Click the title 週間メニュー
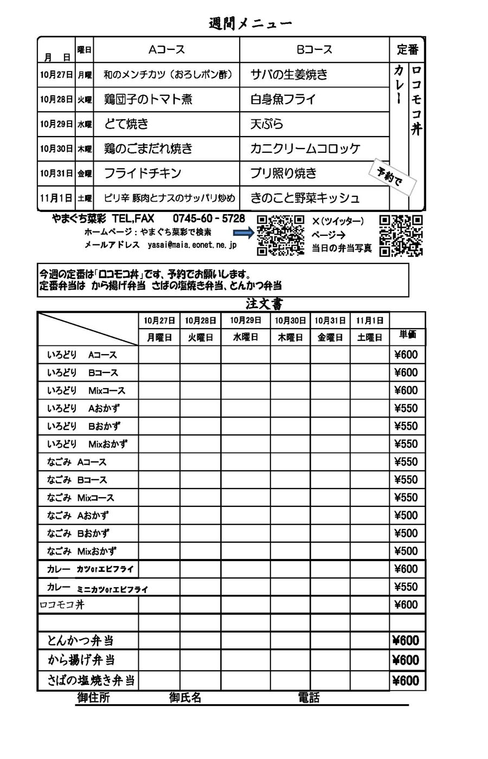[250, 24]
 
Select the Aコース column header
[166, 50]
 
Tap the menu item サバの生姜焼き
[289, 75]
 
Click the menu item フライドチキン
[143, 173]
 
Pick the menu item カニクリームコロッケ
[305, 149]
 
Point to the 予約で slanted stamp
[393, 177]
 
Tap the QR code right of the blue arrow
[280, 235]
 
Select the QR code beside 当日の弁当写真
[401, 235]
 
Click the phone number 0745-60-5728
[209, 218]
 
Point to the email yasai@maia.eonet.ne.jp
[192, 245]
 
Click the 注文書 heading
[264, 304]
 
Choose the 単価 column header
[407, 335]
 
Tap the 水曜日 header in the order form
[246, 337]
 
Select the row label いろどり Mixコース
[86, 391]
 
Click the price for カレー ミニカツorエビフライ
[406, 587]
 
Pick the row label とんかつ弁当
[80, 641]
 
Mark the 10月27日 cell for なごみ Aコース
[159, 462]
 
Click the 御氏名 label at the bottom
[185, 698]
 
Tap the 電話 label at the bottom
[309, 698]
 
